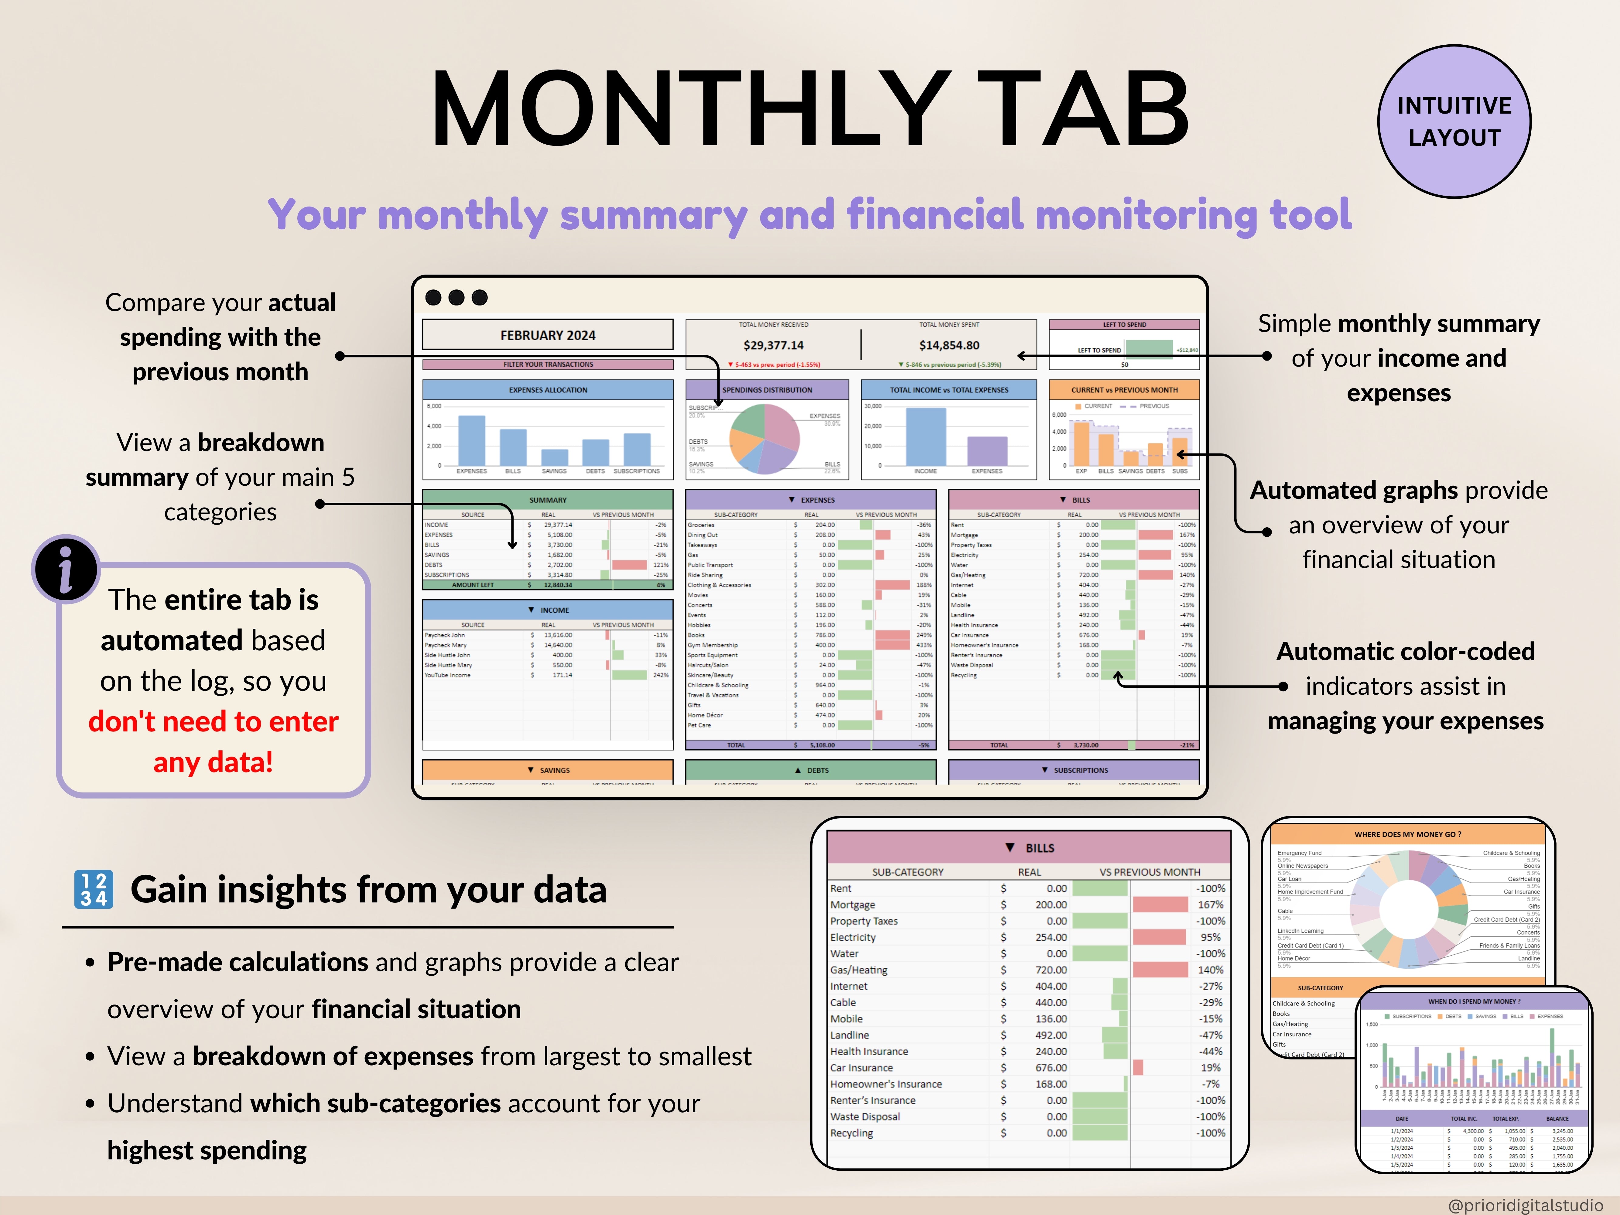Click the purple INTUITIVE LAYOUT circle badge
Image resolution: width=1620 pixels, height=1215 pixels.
pos(1454,122)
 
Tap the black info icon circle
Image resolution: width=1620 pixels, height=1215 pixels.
pos(66,569)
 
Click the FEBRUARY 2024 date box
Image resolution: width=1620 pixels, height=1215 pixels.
pos(548,335)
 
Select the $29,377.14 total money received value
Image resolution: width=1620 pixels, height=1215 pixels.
pos(773,345)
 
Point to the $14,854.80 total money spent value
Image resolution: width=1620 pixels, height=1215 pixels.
pos(949,345)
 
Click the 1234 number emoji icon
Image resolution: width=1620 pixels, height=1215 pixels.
pos(94,890)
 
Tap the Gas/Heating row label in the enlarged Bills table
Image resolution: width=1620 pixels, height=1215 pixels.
pos(858,970)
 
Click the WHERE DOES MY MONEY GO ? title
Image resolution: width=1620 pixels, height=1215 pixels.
pos(1408,834)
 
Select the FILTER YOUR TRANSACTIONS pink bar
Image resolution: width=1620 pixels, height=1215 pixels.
pos(548,364)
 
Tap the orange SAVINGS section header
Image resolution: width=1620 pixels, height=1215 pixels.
pos(548,770)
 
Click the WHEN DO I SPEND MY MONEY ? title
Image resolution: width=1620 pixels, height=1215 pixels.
pos(1474,1001)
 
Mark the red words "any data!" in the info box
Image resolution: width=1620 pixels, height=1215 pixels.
pos(213,762)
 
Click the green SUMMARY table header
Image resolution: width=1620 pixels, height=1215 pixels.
pos(548,499)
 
